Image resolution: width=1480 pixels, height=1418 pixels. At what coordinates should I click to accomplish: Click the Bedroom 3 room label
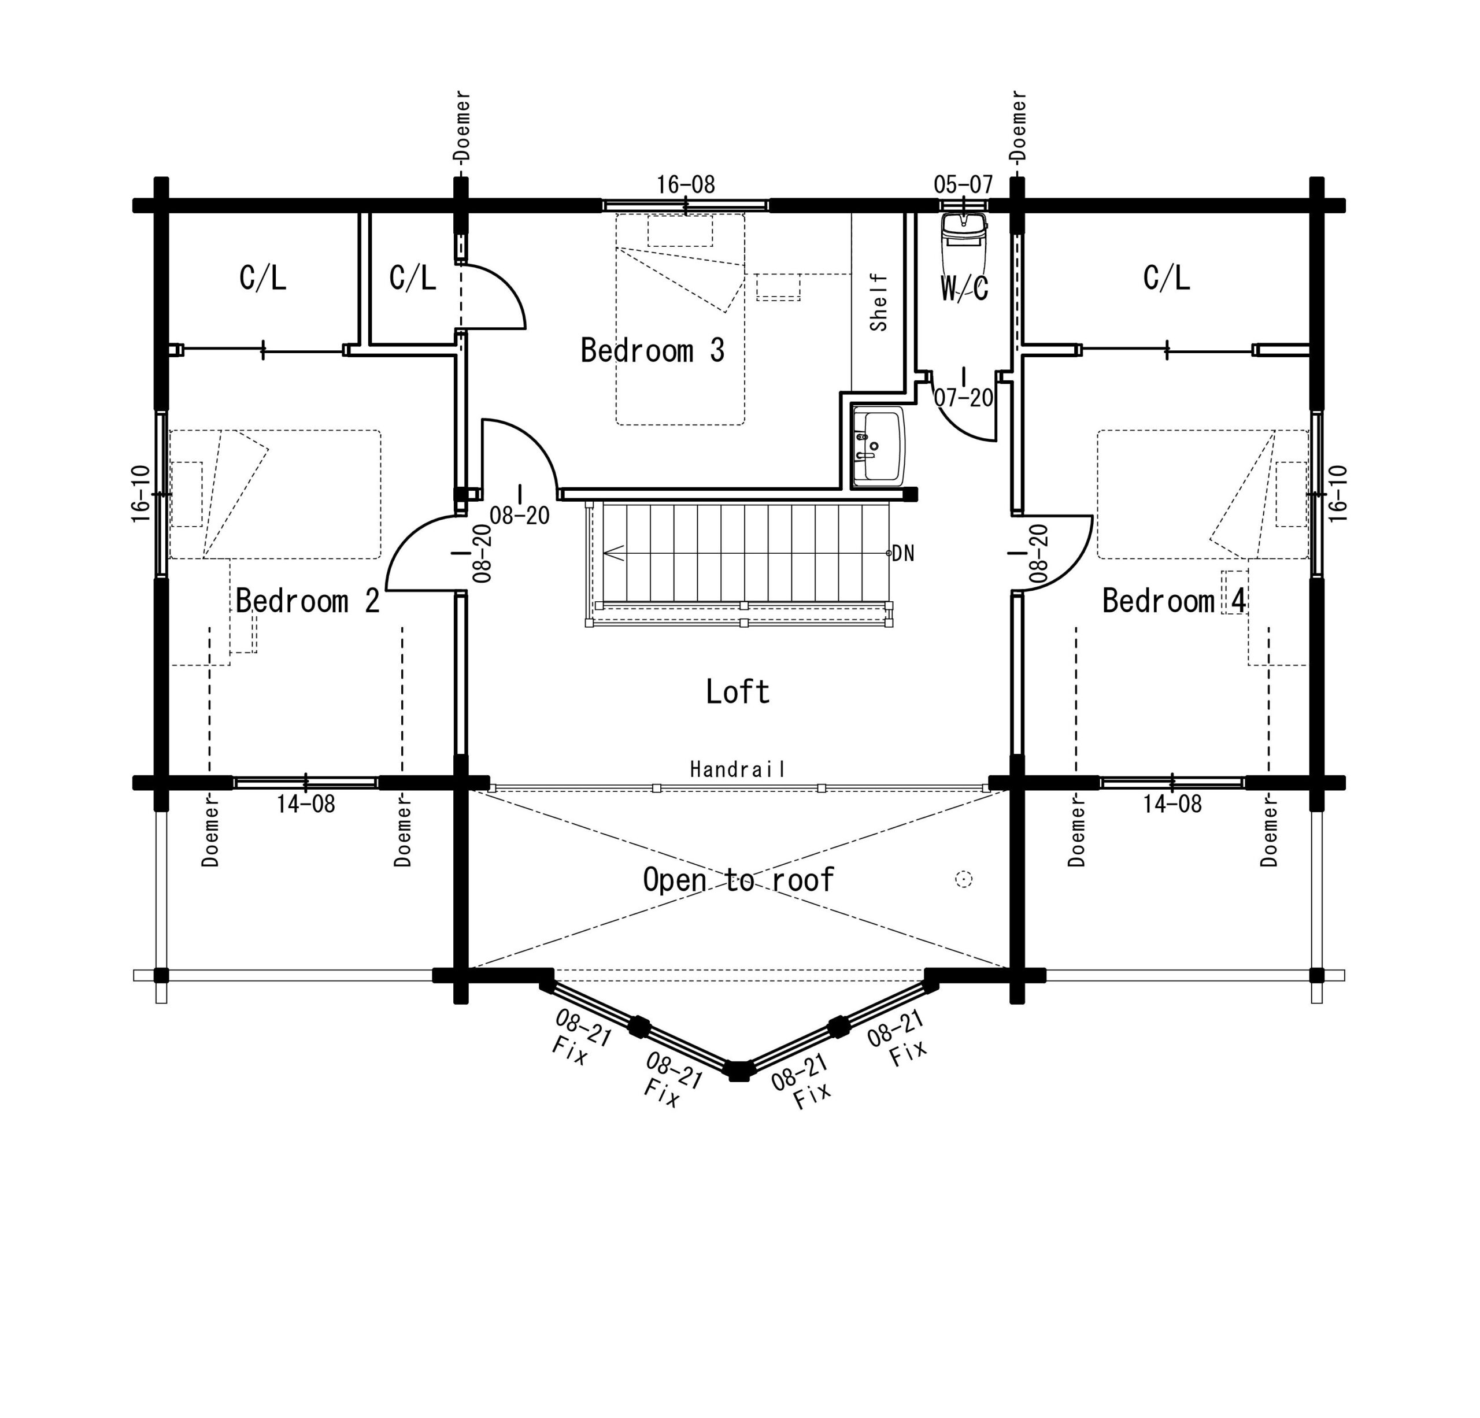(x=652, y=350)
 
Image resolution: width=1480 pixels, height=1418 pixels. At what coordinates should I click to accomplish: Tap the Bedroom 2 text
(x=308, y=601)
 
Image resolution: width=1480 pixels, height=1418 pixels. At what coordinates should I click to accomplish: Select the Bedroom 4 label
(x=1174, y=601)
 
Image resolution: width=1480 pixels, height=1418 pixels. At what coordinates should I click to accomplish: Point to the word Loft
(x=738, y=691)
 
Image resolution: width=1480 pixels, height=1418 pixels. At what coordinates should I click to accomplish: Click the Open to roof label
(x=738, y=880)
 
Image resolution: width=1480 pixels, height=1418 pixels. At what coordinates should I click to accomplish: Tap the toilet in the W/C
(x=964, y=242)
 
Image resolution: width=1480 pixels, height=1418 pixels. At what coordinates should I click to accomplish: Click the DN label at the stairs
(x=903, y=553)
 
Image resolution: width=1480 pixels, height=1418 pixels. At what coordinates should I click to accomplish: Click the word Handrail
(x=738, y=769)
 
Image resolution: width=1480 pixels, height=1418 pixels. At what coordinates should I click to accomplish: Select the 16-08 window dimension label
(x=685, y=184)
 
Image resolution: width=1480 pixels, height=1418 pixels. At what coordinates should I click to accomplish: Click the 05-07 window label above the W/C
(x=963, y=184)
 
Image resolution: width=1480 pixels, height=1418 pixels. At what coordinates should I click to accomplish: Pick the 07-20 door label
(x=964, y=398)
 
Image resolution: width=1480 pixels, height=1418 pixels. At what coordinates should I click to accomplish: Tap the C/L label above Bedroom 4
(x=1167, y=278)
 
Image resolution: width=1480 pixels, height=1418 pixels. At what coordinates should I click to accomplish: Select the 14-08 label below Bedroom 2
(x=305, y=804)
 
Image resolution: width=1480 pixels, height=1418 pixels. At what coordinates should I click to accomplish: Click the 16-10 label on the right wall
(x=1337, y=494)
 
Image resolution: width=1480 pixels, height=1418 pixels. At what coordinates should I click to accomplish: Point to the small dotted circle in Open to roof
(x=964, y=879)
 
